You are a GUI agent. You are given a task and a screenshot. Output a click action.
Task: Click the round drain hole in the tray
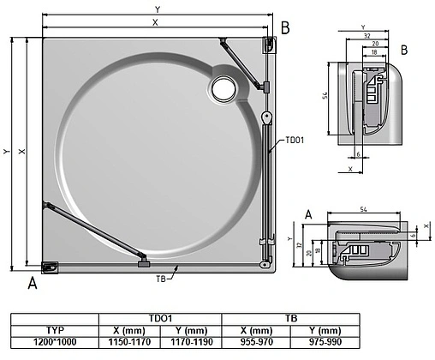pos(225,86)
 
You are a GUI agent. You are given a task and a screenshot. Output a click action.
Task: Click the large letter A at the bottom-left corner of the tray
pos(33,281)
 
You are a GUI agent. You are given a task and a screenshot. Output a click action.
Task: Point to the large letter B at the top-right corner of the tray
pos(284,27)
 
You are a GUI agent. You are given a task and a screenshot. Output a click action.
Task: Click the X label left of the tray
pos(22,151)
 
